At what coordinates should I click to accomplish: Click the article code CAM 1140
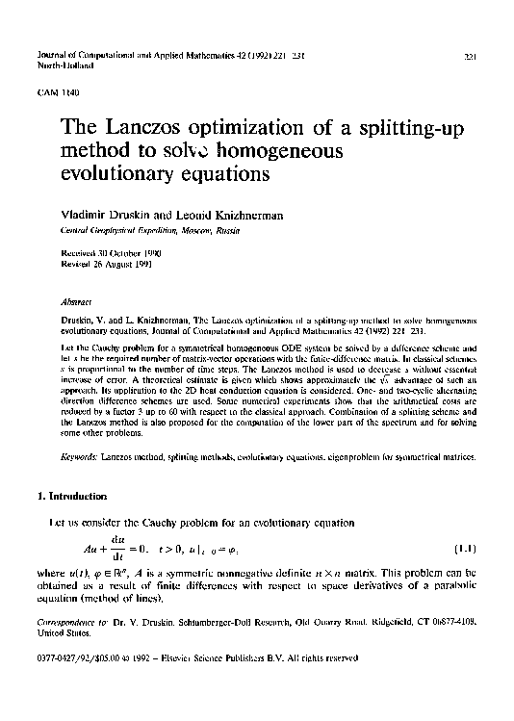click(53, 91)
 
